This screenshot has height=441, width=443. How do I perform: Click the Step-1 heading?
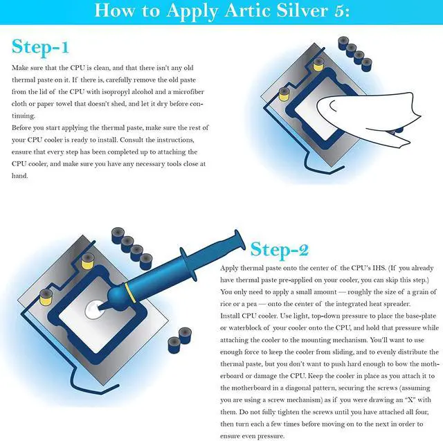coord(41,46)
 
